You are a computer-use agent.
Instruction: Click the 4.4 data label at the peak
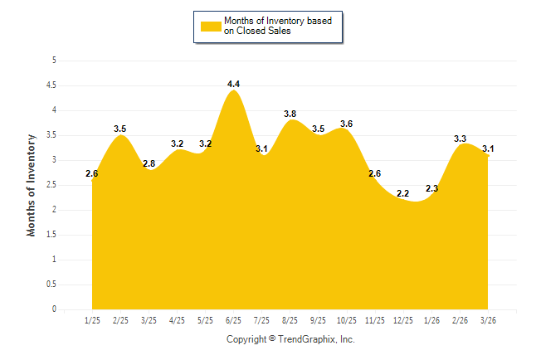click(233, 84)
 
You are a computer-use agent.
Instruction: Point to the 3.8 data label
click(290, 114)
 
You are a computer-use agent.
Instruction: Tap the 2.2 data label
click(403, 193)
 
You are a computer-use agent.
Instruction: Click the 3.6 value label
click(347, 124)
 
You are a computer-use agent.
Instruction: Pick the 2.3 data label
click(431, 188)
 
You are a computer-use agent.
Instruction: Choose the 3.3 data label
click(460, 139)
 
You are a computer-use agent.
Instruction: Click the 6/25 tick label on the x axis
click(233, 319)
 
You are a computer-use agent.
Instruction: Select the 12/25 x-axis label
click(403, 319)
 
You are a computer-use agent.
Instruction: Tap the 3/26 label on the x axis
click(489, 319)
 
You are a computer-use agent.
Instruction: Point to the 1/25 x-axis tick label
click(92, 319)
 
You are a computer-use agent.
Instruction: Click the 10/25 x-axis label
click(347, 319)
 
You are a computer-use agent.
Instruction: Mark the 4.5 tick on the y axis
click(51, 85)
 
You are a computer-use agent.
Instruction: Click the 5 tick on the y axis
click(54, 61)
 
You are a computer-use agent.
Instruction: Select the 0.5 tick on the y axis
click(51, 285)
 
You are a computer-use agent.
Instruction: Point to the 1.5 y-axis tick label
click(51, 235)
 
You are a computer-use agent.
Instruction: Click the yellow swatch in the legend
click(211, 26)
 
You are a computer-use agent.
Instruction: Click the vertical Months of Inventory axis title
click(32, 185)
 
